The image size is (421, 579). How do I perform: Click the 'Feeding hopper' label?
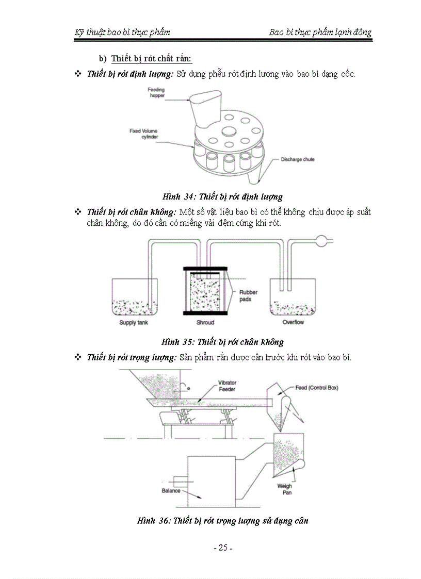156,93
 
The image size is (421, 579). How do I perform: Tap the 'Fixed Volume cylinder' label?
143,134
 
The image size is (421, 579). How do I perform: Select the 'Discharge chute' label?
297,159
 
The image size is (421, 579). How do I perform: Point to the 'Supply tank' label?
134,323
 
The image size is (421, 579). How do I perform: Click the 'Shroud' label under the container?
205,323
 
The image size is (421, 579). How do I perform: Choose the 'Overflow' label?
293,323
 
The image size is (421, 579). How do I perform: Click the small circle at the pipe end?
321,239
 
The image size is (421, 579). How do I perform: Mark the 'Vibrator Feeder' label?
227,386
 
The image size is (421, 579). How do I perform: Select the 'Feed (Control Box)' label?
317,388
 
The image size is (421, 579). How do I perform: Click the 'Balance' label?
171,491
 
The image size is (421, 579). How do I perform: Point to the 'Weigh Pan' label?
284,489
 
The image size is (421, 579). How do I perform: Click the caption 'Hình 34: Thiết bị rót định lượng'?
222,196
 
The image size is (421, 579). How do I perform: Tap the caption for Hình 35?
222,342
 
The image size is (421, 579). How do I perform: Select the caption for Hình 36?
222,521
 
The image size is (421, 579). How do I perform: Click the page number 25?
223,548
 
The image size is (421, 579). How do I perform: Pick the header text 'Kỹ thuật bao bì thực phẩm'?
122,32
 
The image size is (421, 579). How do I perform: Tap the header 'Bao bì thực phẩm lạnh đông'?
320,32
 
